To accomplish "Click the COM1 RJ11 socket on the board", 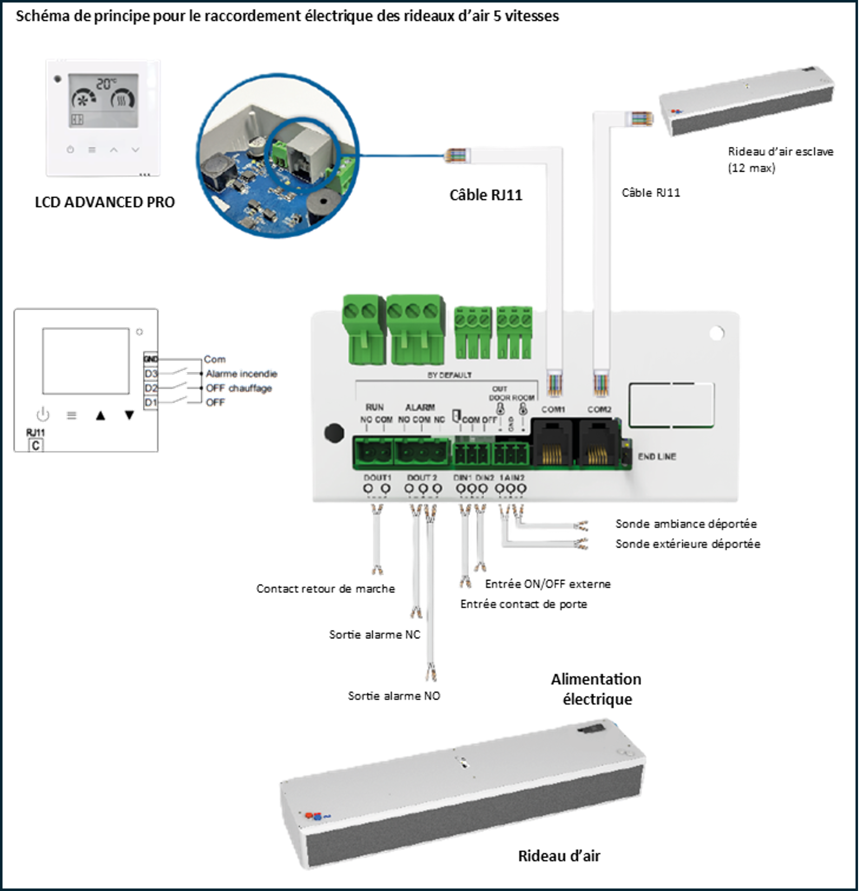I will (553, 444).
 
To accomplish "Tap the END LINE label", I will (657, 456).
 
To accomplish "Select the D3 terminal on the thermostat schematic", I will (151, 374).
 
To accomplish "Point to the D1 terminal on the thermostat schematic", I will (151, 402).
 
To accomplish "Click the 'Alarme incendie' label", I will (241, 374).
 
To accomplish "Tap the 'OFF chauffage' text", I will (239, 388).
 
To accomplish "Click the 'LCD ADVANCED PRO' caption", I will (105, 202).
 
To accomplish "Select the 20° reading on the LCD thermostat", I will (106, 84).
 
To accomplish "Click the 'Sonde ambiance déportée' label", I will (686, 524).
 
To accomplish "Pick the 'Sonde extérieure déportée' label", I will (687, 544).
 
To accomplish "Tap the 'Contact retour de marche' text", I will (325, 589).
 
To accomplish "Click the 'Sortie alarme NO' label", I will (394, 696).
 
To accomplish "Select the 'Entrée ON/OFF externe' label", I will (548, 584).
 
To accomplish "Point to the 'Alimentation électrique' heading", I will (597, 689).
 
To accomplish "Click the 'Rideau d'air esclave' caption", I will (780, 151).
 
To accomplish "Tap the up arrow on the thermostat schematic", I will (101, 415).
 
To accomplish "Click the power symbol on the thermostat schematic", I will (43, 415).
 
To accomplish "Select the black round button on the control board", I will (334, 433).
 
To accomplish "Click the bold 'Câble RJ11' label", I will (486, 195).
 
